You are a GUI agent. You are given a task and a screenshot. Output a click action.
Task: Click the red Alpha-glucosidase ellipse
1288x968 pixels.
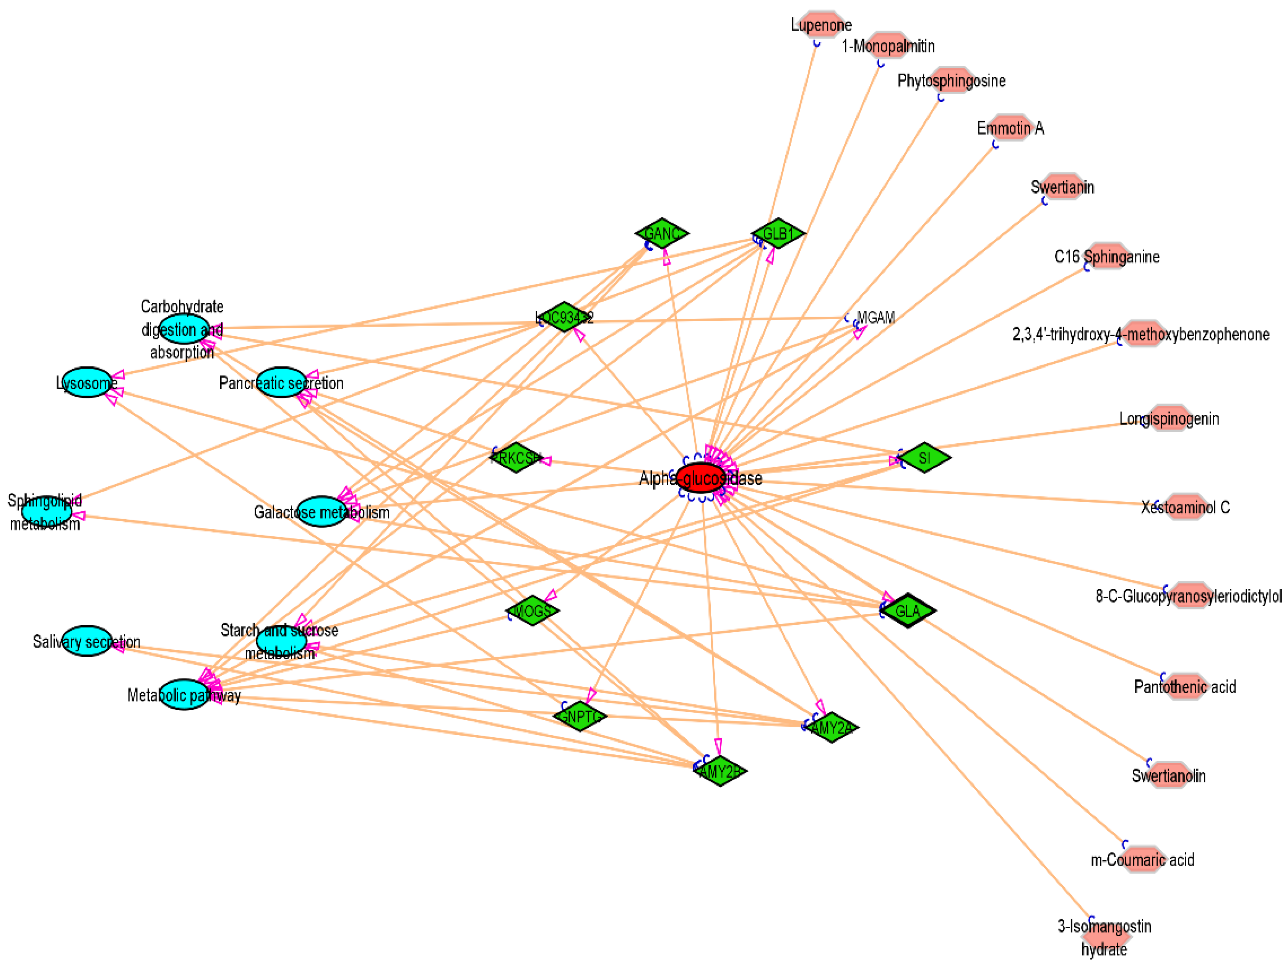click(x=702, y=478)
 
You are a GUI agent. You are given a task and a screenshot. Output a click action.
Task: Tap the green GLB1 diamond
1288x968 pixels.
click(x=778, y=234)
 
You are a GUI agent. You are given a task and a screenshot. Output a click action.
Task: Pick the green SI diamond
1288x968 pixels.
click(x=925, y=458)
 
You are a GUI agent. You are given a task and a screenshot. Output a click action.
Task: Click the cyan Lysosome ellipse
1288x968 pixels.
click(x=87, y=383)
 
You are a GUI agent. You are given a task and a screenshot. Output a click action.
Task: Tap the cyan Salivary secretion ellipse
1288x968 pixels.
click(x=87, y=641)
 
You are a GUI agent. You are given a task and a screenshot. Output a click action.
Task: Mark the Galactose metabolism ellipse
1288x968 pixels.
click(x=322, y=512)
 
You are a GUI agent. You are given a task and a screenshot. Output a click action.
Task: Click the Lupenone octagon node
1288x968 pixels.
click(x=821, y=24)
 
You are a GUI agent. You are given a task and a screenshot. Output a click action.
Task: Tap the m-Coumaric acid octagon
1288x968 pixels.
click(x=1142, y=860)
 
